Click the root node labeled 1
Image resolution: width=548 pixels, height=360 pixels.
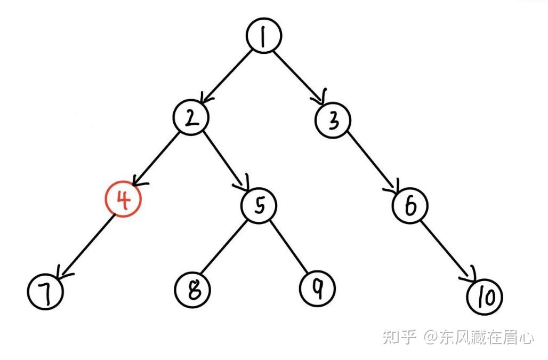(x=263, y=37)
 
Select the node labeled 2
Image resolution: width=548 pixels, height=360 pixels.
(x=190, y=117)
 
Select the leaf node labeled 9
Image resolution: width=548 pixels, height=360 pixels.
(x=317, y=289)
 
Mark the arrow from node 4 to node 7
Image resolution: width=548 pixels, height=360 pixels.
(x=85, y=245)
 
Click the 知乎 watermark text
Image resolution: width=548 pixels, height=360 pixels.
(x=399, y=337)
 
